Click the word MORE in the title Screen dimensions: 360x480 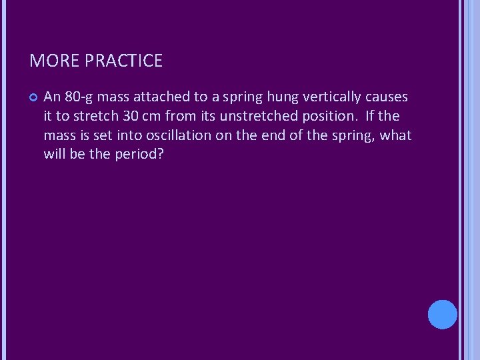click(53, 61)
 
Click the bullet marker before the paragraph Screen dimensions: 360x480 click(33, 98)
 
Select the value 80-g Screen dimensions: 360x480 click(79, 97)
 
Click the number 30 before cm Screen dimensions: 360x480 click(131, 116)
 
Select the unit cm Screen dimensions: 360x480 click(152, 116)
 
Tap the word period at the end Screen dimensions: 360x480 click(139, 155)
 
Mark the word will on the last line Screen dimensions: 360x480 click(55, 155)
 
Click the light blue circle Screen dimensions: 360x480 click(442, 314)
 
